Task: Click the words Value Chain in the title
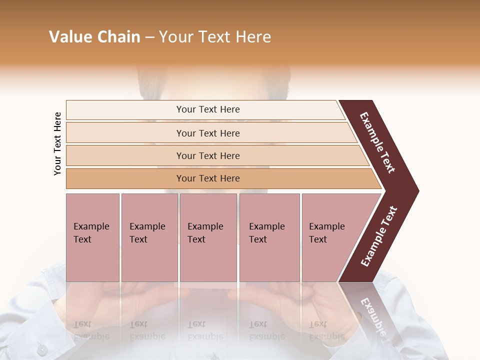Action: point(94,37)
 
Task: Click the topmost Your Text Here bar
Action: point(207,109)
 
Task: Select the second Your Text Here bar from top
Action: point(207,133)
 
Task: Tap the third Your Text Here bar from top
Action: point(207,156)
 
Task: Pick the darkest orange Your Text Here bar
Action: point(207,178)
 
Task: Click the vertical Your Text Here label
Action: point(57,143)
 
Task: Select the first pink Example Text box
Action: point(92,237)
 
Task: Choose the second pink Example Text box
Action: point(149,237)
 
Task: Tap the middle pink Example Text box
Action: point(208,237)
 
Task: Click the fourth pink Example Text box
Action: point(269,237)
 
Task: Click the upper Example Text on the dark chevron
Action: point(377,142)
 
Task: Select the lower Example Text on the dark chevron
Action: point(379,236)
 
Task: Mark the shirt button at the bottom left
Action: point(42,350)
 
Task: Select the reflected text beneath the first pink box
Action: point(91,330)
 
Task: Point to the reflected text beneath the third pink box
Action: point(205,330)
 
